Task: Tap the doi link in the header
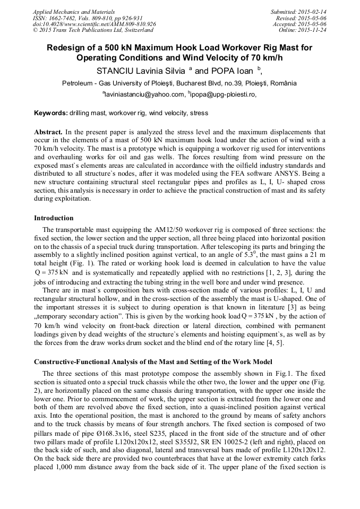pyautogui.click(x=94, y=24)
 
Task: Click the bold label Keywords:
pyautogui.click(x=51, y=113)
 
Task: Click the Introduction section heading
pyautogui.click(x=54, y=218)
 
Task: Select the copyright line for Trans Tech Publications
pyautogui.click(x=93, y=30)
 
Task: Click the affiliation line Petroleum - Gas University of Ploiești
pyautogui.click(x=179, y=83)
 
